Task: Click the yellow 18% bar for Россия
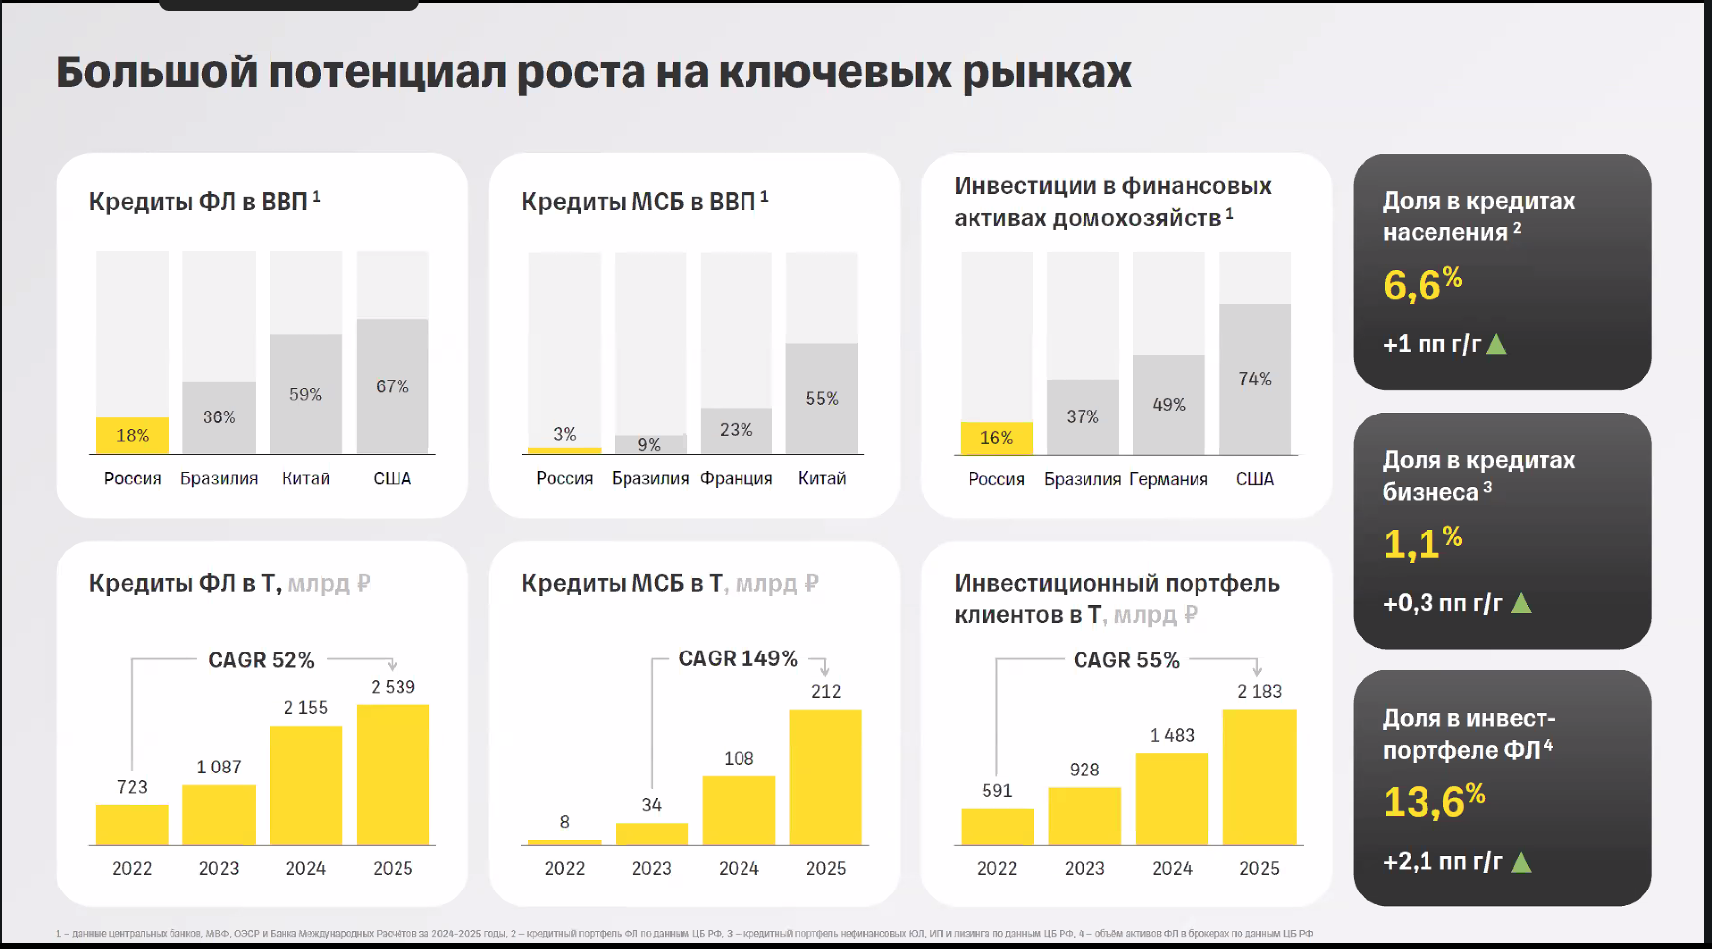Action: [x=132, y=435]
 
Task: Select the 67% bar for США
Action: [x=393, y=386]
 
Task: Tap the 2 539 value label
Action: [x=393, y=687]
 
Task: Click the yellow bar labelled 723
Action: [x=132, y=824]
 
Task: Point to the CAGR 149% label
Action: [x=738, y=659]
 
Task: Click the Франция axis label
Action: [x=736, y=478]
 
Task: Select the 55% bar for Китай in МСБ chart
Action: [x=822, y=398]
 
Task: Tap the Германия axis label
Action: [x=1169, y=479]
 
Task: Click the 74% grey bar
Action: [x=1255, y=379]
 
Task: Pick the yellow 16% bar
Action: [x=996, y=438]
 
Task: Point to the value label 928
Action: [x=1084, y=770]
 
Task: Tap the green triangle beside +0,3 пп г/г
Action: [x=1521, y=603]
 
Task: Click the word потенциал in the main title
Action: [x=388, y=72]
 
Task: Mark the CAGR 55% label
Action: [x=1126, y=660]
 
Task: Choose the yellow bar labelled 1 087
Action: [x=219, y=814]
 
